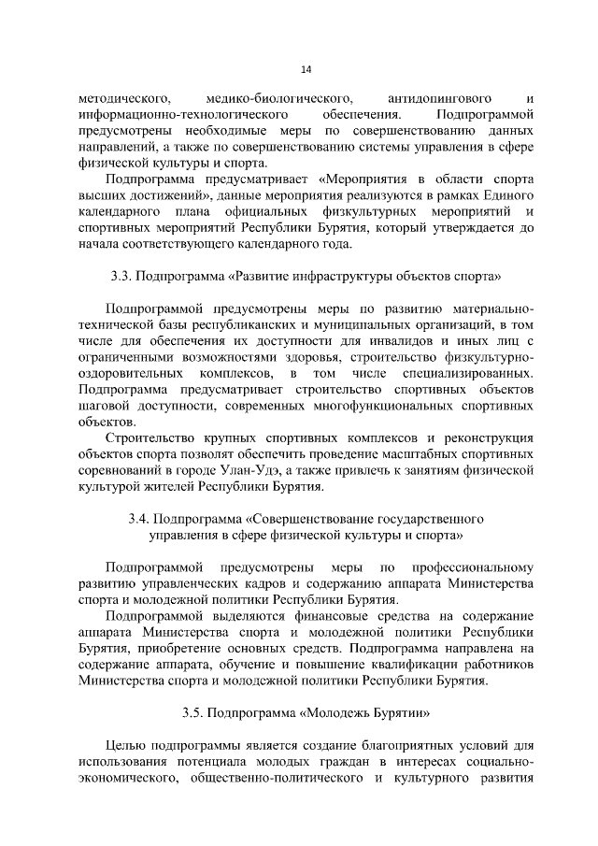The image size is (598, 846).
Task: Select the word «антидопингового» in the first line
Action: (x=429, y=97)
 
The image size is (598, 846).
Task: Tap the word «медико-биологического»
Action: (x=270, y=97)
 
